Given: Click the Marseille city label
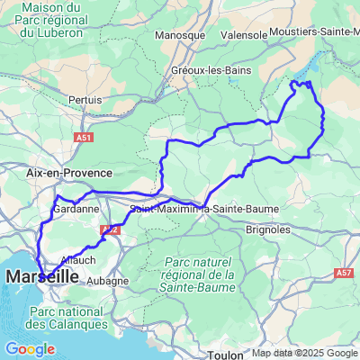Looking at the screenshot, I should [x=41, y=279].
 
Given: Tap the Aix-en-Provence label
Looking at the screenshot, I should [x=69, y=172].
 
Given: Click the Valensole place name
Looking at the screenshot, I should [x=244, y=35].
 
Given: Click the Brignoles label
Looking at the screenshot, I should [x=268, y=229].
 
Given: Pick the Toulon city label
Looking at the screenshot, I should [x=224, y=355].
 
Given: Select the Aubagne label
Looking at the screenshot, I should [x=108, y=281].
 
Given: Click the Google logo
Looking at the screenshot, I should [x=30, y=348].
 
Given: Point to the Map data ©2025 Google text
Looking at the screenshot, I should [x=304, y=353].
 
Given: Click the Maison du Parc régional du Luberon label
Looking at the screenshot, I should [x=52, y=21].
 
